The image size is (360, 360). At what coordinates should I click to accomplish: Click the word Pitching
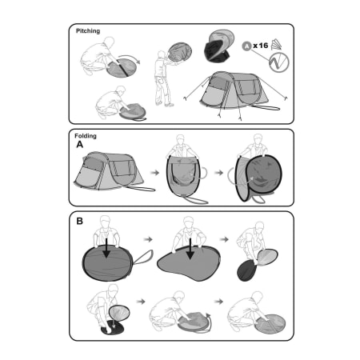click(x=88, y=31)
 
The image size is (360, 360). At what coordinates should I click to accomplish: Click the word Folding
click(x=86, y=136)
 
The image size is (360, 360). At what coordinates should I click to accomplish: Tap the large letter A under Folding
click(x=80, y=145)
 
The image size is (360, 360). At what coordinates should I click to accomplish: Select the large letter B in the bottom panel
click(x=79, y=222)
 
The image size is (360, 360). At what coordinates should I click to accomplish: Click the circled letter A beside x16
click(x=246, y=46)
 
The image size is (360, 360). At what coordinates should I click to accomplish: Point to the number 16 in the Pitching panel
click(x=263, y=46)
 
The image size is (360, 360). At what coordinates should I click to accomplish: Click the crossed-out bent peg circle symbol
click(x=279, y=62)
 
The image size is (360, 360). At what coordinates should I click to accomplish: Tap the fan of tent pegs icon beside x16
click(x=276, y=45)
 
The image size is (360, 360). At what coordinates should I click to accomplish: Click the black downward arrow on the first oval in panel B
click(x=106, y=248)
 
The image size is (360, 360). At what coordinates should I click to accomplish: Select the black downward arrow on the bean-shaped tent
click(x=190, y=249)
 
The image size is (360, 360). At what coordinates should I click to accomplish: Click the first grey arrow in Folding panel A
click(x=154, y=173)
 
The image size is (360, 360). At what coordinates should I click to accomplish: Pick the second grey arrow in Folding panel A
click(x=218, y=173)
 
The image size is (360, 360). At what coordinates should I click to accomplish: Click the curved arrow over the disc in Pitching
click(x=130, y=58)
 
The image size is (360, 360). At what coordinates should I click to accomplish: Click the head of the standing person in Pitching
click(x=162, y=54)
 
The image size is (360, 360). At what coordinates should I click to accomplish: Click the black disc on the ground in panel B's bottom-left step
click(x=112, y=327)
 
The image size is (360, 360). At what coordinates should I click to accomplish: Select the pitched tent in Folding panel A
click(x=109, y=171)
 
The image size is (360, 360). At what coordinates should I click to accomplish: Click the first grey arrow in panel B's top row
click(x=148, y=239)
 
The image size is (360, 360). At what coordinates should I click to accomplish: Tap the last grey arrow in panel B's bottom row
click(x=218, y=302)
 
